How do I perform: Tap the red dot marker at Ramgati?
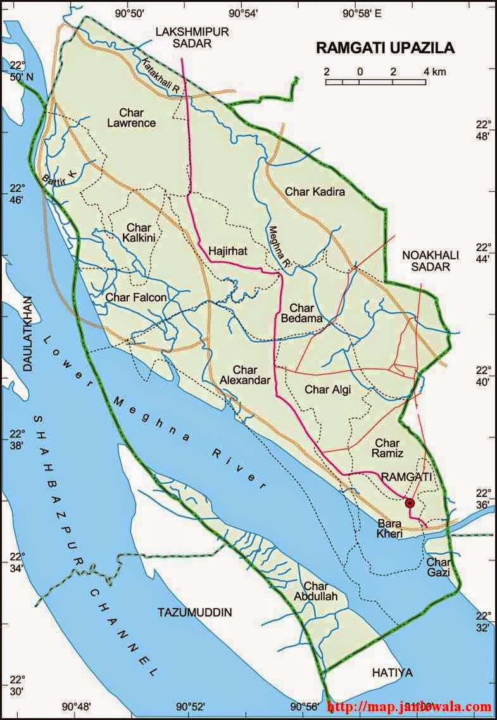tap(410, 503)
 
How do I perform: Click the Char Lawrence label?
tap(132, 118)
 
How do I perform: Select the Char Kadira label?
tap(315, 191)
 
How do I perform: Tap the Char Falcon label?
tap(136, 297)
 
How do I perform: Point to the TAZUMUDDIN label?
tap(194, 612)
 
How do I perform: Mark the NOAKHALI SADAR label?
tap(425, 261)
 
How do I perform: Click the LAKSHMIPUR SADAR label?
tap(192, 37)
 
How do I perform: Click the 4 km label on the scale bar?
tap(435, 72)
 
